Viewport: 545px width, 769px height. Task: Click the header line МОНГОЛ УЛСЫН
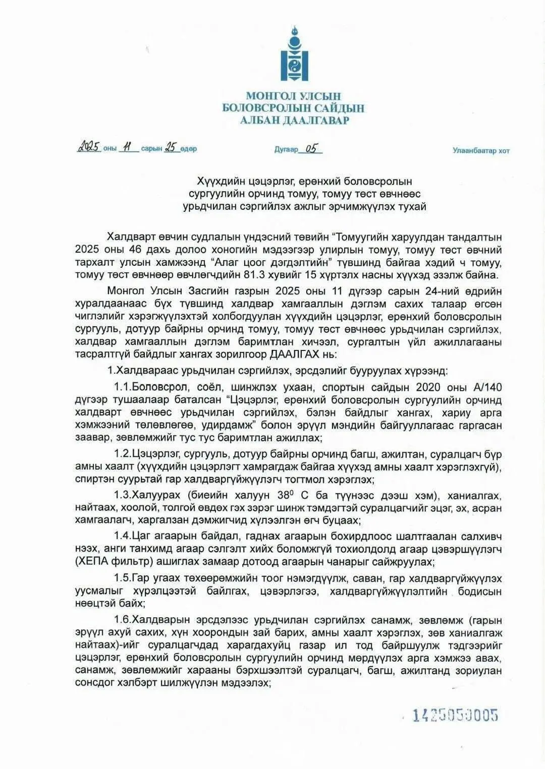tap(293, 96)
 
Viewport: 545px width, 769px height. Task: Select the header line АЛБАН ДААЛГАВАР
tap(294, 120)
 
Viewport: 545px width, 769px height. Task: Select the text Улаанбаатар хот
tap(480, 150)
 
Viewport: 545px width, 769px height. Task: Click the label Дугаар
tap(286, 149)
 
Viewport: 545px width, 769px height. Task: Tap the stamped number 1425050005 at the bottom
tap(456, 715)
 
